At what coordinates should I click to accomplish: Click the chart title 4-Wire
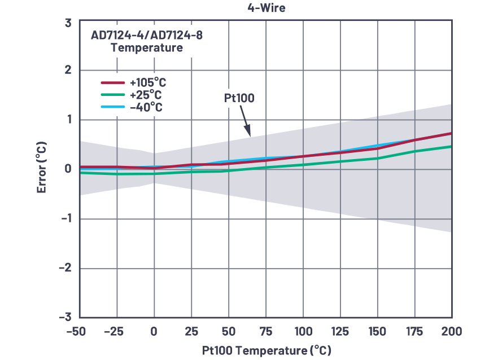(x=266, y=8)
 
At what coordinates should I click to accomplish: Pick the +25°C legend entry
(x=145, y=95)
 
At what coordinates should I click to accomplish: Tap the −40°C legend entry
(x=145, y=107)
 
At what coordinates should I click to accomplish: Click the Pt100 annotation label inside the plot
(x=239, y=98)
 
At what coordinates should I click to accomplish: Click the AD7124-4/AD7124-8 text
(x=147, y=36)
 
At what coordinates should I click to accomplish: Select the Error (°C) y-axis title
(x=41, y=168)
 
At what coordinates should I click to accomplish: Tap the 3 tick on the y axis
(x=68, y=23)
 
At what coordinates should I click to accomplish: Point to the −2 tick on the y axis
(x=64, y=267)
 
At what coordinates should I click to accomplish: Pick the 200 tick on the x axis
(x=451, y=331)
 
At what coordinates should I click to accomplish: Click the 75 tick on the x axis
(x=266, y=331)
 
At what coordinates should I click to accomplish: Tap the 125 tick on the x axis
(x=340, y=331)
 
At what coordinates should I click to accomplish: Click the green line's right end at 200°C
(x=451, y=147)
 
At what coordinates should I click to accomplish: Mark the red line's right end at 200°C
(x=451, y=134)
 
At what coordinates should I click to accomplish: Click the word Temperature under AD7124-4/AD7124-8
(x=147, y=48)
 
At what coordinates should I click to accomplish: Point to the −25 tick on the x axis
(x=116, y=331)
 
